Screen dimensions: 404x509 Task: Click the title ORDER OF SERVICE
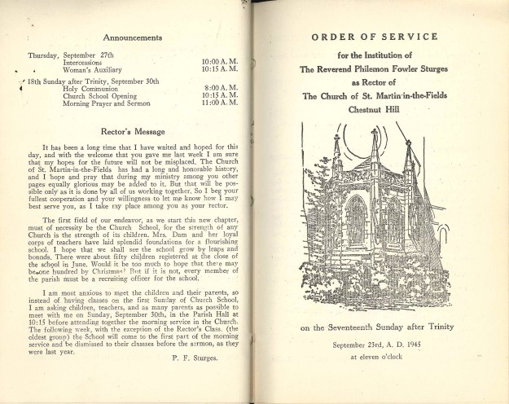tap(375, 37)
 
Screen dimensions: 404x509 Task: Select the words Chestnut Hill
tap(375, 108)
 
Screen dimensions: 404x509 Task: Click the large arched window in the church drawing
tap(356, 221)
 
